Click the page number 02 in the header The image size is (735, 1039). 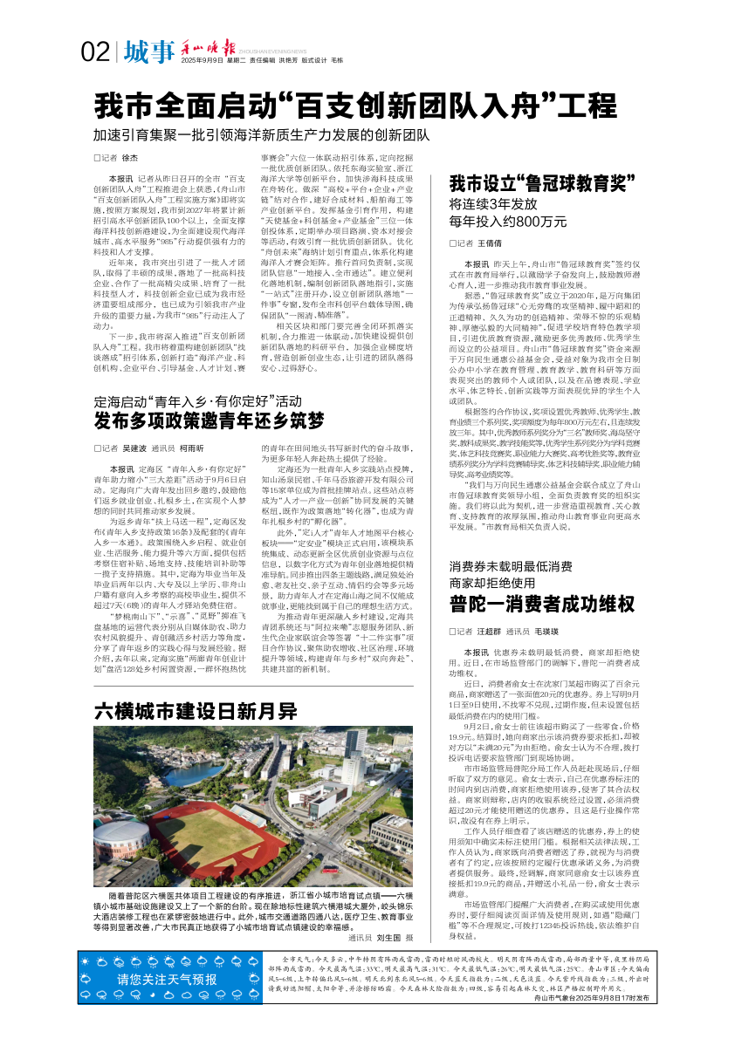pyautogui.click(x=93, y=53)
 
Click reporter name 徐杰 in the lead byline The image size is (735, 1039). pyautogui.click(x=130, y=158)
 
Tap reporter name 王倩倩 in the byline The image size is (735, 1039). pyautogui.click(x=489, y=243)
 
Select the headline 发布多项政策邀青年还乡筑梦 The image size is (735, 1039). pyautogui.click(x=210, y=421)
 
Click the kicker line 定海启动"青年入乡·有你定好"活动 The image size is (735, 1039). pyautogui.click(x=204, y=402)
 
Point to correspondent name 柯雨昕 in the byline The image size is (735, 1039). pyautogui.click(x=192, y=448)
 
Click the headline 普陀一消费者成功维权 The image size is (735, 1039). pyautogui.click(x=542, y=603)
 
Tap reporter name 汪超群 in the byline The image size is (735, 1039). pyautogui.click(x=490, y=631)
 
